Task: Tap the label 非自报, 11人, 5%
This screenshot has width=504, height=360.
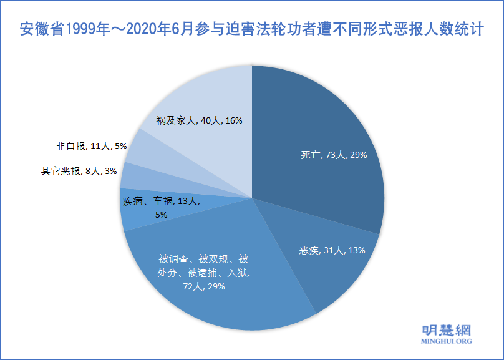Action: (92, 146)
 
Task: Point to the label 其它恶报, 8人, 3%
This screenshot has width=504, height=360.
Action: (75, 170)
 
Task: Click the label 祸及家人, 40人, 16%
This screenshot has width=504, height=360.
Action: (191, 120)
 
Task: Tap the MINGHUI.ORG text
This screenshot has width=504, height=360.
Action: (443, 342)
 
